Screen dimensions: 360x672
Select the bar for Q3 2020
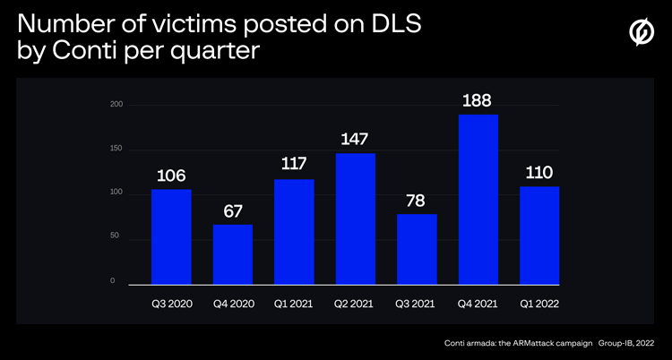click(171, 236)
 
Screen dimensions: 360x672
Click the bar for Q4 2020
click(233, 254)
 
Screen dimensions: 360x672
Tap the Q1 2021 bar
click(294, 231)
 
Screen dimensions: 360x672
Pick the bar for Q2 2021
click(356, 219)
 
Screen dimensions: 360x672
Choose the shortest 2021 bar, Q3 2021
click(417, 249)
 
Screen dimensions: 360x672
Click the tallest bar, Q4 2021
click(478, 199)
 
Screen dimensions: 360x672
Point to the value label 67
click(233, 211)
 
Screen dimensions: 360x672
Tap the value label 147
click(356, 140)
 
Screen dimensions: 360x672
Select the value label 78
click(417, 201)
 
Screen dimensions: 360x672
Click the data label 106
click(171, 176)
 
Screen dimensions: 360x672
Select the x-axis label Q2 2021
click(356, 304)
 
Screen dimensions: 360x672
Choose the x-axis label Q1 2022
click(539, 304)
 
